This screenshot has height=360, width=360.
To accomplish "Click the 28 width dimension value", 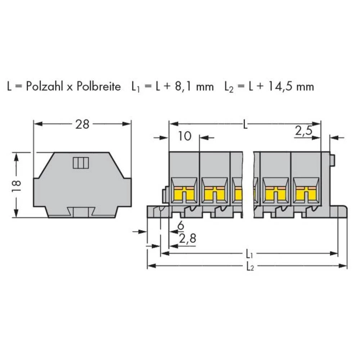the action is [x=82, y=125].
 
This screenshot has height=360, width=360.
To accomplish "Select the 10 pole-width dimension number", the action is [x=185, y=136].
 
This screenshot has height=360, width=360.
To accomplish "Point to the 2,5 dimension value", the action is [x=304, y=131].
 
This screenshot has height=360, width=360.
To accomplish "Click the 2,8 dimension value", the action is [x=188, y=239].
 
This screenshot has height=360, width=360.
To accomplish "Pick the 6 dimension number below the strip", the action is [x=181, y=226].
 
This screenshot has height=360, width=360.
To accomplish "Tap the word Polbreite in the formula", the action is [x=99, y=86].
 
